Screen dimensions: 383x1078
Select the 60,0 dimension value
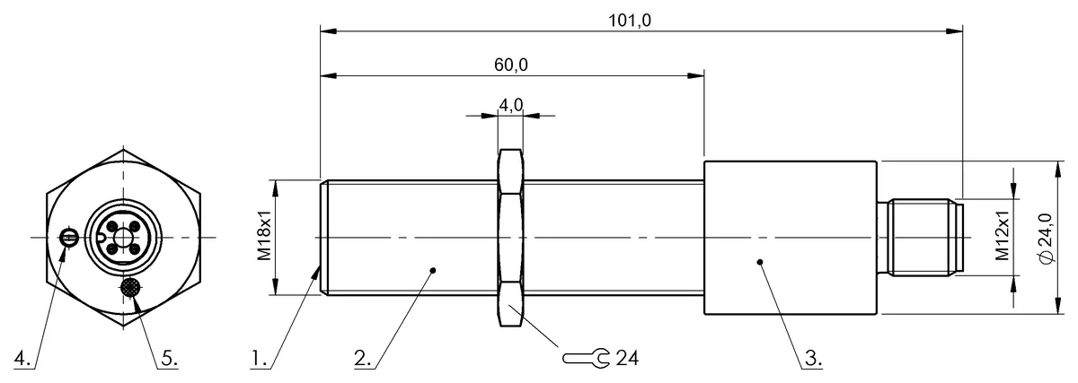pyautogui.click(x=510, y=65)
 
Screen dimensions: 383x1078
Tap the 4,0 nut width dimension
pyautogui.click(x=510, y=105)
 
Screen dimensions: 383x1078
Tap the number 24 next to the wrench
pyautogui.click(x=627, y=358)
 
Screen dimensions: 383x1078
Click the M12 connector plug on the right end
pyautogui.click(x=921, y=237)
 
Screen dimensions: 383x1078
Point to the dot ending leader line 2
pyautogui.click(x=433, y=268)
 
